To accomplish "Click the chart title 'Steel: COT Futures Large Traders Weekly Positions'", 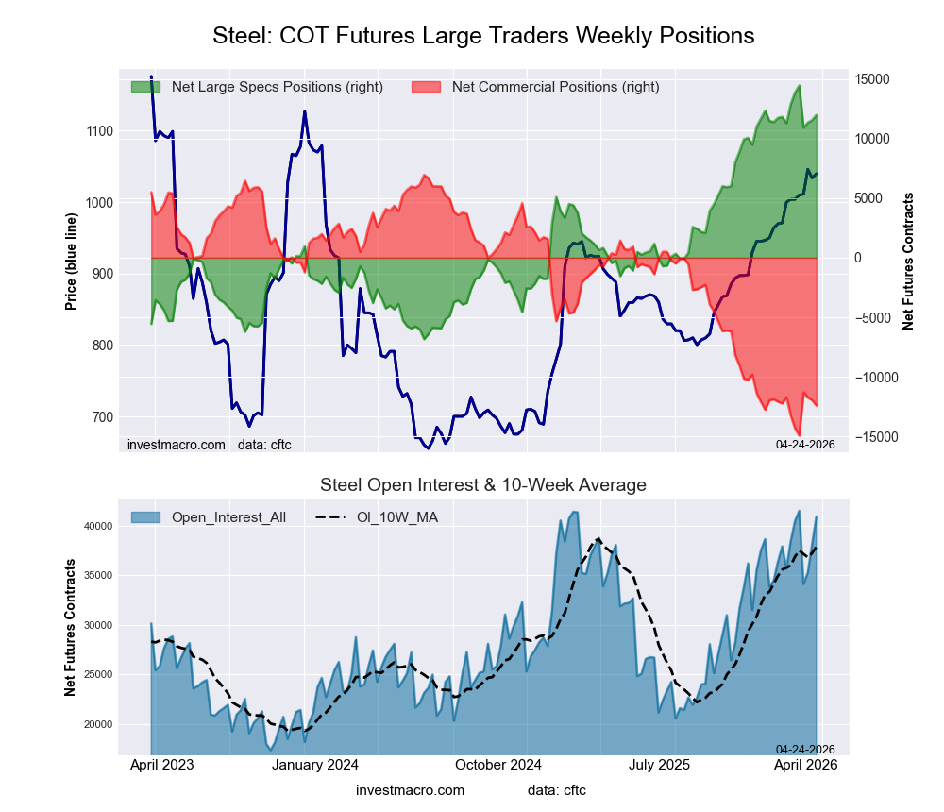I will tap(483, 36).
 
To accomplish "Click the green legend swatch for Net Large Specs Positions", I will tap(145, 87).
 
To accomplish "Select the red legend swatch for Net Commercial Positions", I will tap(427, 87).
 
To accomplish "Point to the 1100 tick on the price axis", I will tap(98, 131).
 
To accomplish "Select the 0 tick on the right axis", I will tap(860, 258).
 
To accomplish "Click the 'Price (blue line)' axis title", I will tap(71, 258).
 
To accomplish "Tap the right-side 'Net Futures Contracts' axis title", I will tap(908, 261).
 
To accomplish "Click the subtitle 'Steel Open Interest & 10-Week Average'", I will tap(483, 485).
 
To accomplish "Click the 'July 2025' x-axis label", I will tap(659, 765).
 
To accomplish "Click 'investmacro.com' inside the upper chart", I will tap(177, 444).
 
